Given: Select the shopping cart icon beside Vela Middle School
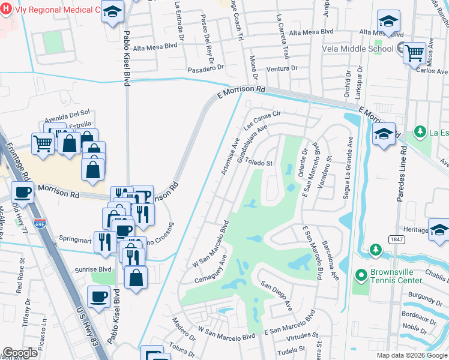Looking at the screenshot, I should (414, 53).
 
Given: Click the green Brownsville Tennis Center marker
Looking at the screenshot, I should (361, 275).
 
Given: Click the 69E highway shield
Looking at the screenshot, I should (40, 206).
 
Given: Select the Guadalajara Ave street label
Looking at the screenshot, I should (252, 144).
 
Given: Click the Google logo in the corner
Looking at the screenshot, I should (20, 353).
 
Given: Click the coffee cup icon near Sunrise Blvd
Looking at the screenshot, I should (98, 296).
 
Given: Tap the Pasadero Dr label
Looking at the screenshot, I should (205, 68).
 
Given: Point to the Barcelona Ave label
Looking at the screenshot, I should (330, 261).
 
